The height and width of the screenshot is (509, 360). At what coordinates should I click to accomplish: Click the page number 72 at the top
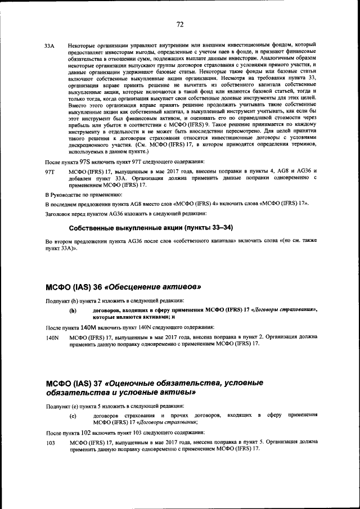(180, 24)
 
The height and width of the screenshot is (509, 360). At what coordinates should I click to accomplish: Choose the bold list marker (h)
(72, 310)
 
